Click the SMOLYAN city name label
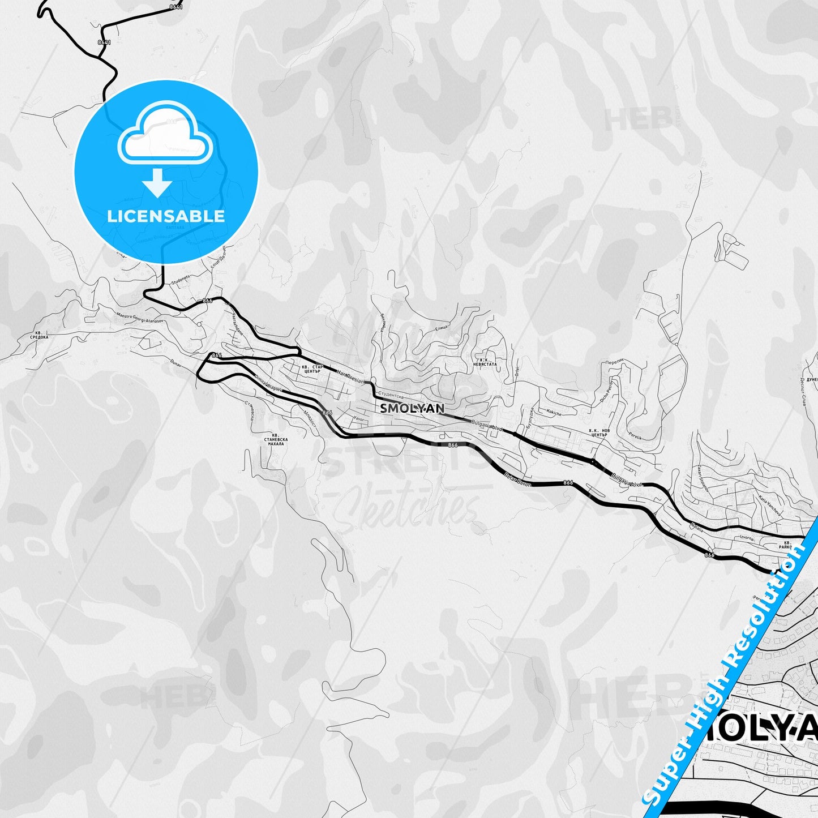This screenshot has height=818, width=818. (412, 408)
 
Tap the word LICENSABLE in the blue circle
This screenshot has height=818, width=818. (166, 216)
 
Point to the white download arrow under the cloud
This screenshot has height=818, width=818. (157, 182)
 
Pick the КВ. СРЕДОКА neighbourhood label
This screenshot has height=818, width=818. (39, 335)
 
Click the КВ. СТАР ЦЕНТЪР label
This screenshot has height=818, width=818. (312, 369)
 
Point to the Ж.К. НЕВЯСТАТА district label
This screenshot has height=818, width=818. (486, 362)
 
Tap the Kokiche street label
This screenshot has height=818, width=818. (554, 413)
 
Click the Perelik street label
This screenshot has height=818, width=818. (635, 436)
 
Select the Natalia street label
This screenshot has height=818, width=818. (696, 527)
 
